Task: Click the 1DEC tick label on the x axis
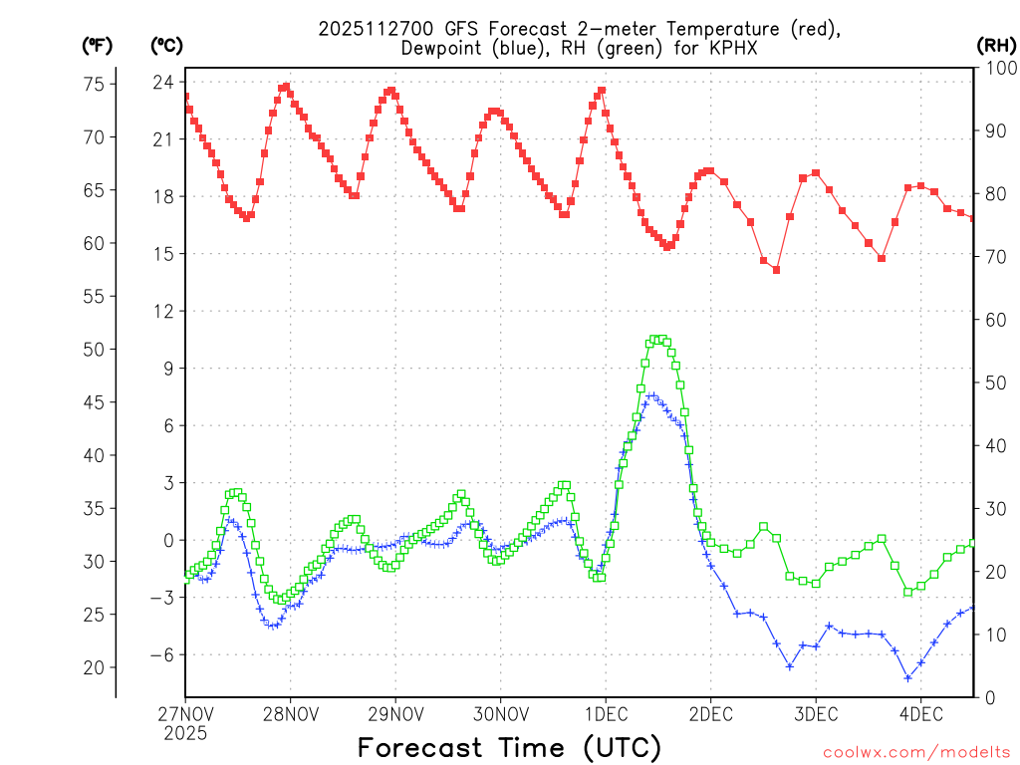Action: click(x=605, y=713)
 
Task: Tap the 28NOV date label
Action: click(x=291, y=713)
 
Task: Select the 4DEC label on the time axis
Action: click(x=920, y=713)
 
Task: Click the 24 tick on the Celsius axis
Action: click(x=163, y=82)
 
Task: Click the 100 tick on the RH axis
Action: click(x=998, y=68)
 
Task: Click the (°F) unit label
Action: click(x=98, y=45)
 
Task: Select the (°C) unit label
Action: click(x=165, y=45)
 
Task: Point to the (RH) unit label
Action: click(x=997, y=45)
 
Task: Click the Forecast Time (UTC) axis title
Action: click(x=509, y=747)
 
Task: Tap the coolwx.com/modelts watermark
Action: click(x=916, y=752)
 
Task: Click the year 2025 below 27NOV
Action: click(x=185, y=732)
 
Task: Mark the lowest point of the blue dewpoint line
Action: click(x=908, y=677)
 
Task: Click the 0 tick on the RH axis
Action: click(x=988, y=697)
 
